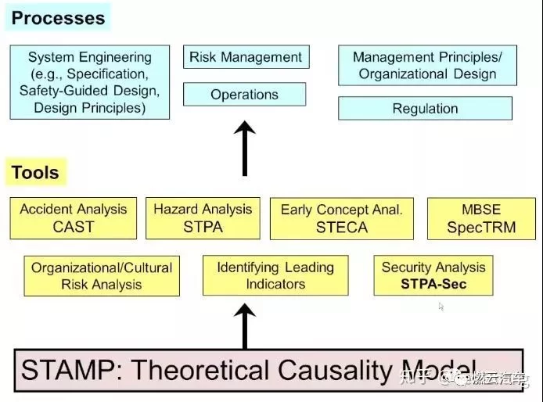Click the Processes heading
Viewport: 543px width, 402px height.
[x=58, y=18]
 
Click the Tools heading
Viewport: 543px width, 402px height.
[x=35, y=172]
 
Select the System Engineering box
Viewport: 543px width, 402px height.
[x=89, y=82]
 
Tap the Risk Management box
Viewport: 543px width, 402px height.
[x=246, y=57]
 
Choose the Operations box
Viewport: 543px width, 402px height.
[x=244, y=95]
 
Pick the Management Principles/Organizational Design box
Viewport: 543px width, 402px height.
[x=427, y=66]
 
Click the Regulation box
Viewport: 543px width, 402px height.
[x=425, y=108]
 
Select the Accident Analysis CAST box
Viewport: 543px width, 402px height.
[x=74, y=218]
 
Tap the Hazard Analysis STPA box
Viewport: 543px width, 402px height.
[x=203, y=218]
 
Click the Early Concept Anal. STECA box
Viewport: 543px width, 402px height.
[x=341, y=218]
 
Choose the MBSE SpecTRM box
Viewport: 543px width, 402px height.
[x=480, y=218]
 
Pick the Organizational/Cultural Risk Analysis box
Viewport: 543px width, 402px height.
[x=102, y=276]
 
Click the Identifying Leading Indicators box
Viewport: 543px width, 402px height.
[x=275, y=275]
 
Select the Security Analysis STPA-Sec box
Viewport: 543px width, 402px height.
[x=433, y=275]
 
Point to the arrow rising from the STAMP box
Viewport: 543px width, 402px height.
[x=245, y=325]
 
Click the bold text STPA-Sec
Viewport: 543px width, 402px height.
[x=433, y=284]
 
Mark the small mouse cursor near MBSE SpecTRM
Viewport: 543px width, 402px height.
[x=441, y=307]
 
